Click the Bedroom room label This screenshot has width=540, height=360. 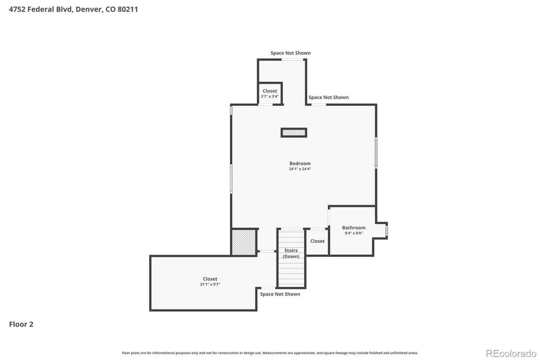[300, 163]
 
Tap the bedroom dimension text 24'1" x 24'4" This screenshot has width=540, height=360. [300, 169]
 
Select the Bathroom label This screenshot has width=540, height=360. [354, 228]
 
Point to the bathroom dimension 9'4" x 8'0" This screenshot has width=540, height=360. [354, 233]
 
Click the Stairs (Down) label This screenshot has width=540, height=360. [291, 253]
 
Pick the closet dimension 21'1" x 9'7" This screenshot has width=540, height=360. [210, 284]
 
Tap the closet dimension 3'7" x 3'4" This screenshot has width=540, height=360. [270, 96]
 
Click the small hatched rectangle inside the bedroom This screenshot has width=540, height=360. [294, 132]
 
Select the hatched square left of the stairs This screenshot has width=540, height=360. [243, 242]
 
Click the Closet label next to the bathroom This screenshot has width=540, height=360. [317, 241]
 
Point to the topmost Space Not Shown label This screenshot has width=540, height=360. [291, 53]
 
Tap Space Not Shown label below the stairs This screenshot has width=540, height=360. [280, 294]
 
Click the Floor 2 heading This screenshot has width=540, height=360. [21, 324]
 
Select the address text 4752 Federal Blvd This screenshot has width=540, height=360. [40, 9]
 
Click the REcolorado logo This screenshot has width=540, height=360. [511, 354]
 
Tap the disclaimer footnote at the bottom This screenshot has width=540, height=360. [270, 353]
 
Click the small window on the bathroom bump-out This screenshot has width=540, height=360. [386, 230]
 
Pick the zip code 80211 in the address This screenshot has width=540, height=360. [128, 9]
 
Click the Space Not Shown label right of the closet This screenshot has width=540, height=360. [329, 97]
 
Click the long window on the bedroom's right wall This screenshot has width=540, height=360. [376, 153]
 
